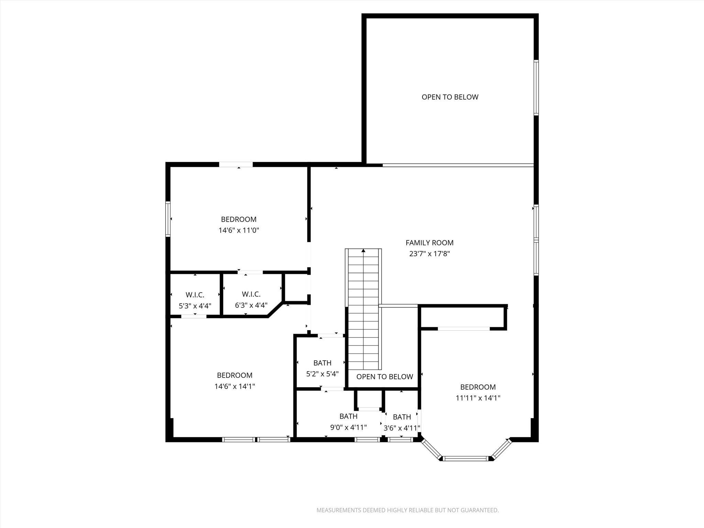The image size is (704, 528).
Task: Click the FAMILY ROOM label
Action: click(429, 243)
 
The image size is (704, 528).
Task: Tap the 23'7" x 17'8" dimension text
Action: click(429, 254)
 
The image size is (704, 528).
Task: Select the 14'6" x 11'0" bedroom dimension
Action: click(239, 230)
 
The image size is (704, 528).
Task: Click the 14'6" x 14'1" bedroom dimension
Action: click(234, 386)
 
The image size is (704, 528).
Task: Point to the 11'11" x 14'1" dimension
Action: click(478, 398)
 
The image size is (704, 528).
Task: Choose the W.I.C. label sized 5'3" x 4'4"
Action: click(195, 295)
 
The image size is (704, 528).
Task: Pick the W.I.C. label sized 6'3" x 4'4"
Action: click(251, 294)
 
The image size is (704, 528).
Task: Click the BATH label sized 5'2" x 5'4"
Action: click(322, 363)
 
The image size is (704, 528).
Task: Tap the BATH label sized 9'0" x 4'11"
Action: click(348, 416)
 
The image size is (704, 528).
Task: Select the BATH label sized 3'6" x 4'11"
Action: click(401, 417)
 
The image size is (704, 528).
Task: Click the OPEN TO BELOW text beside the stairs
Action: click(384, 377)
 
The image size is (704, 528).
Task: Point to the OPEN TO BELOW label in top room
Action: click(450, 97)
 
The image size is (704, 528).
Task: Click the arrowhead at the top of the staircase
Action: click(363, 251)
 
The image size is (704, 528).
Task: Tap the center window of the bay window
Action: click(466, 458)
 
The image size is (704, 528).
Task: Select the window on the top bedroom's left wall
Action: click(168, 219)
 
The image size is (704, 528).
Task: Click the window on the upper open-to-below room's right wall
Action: click(536, 87)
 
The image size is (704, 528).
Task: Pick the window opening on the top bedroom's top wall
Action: click(236, 165)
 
